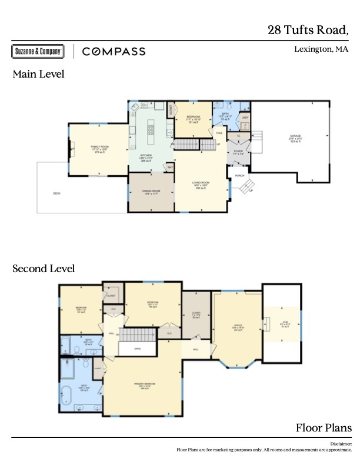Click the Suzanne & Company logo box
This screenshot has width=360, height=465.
point(37,52)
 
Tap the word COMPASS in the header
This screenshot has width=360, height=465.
point(114,52)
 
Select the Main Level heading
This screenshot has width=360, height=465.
point(38,75)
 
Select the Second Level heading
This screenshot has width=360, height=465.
point(44,269)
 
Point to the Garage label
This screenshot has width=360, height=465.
point(295,138)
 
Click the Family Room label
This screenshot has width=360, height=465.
point(99,148)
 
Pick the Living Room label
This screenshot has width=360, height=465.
point(201,184)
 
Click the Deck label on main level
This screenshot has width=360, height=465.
point(56,193)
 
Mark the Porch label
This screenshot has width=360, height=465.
point(239,175)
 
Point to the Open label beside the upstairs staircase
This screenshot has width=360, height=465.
point(137,348)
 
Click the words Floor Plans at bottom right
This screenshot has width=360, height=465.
point(324,427)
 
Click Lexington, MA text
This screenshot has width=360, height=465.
point(321,49)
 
